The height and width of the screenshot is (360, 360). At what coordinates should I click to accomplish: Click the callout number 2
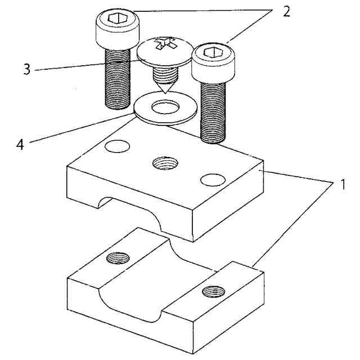(287, 12)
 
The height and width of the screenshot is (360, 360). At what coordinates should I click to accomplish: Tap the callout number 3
(26, 70)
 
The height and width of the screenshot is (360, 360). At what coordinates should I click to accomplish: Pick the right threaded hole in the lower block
(214, 292)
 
